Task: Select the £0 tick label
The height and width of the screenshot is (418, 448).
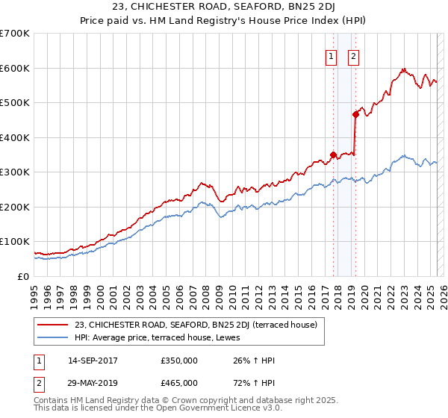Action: [22, 276]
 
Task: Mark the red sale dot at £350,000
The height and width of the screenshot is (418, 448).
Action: [333, 155]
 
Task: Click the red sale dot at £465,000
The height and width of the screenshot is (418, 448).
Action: [355, 114]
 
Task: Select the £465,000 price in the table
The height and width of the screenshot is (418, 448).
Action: [179, 383]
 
